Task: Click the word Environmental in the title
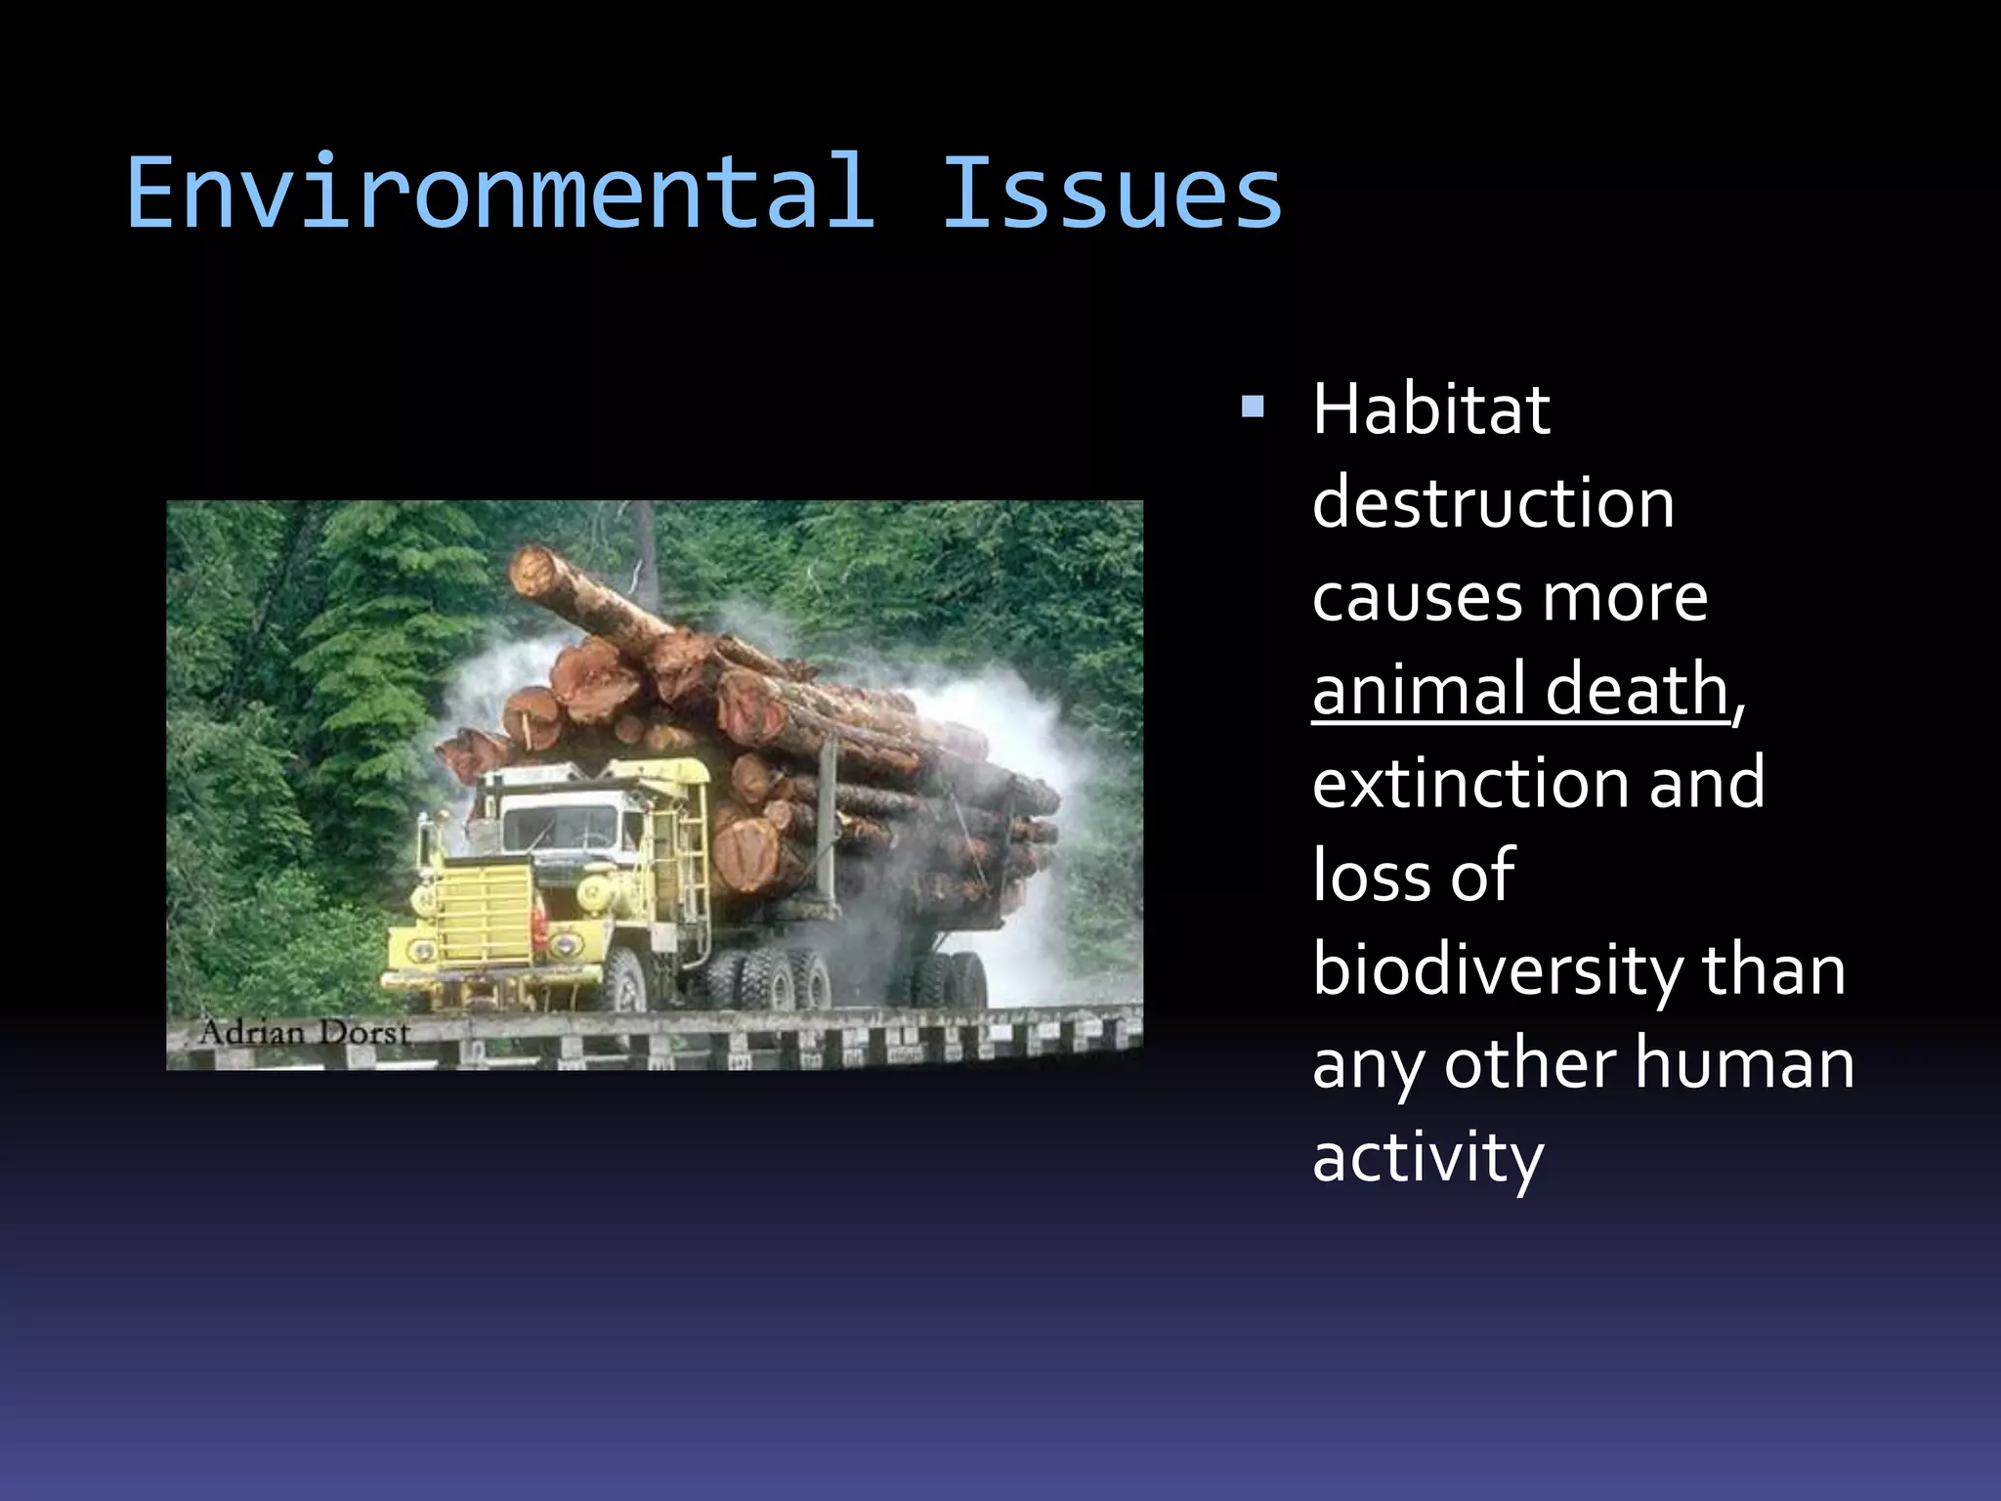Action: coord(499,193)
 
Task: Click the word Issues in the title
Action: coord(1111,193)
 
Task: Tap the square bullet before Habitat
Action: coord(1253,406)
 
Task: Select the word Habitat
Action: coord(1430,409)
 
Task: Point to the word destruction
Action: coord(1493,503)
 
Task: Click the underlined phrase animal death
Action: coord(1520,689)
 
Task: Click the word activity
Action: coord(1427,1158)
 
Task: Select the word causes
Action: coord(1415,597)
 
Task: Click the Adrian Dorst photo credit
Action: coord(304,1033)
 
